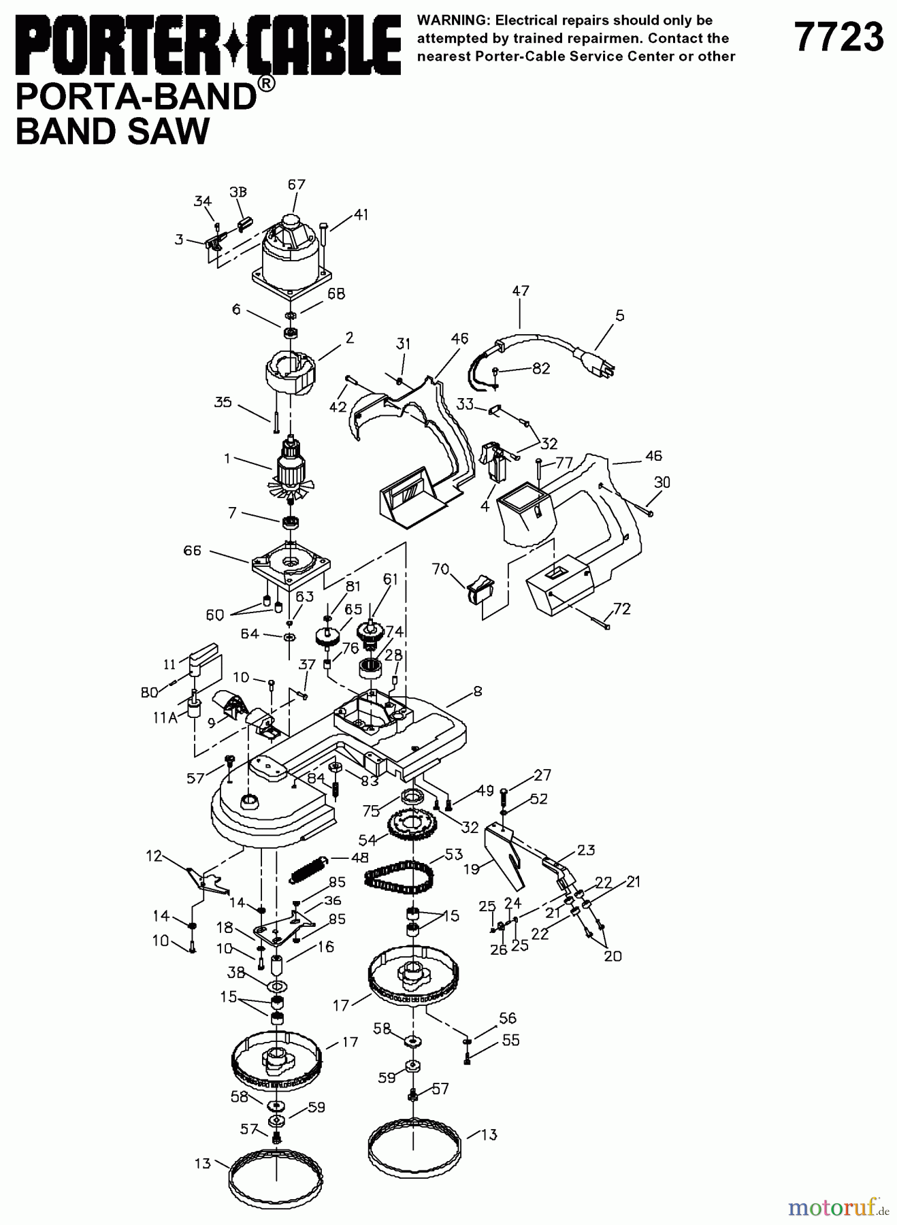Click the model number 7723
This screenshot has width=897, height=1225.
(839, 37)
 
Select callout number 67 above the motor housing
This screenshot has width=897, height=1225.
(296, 184)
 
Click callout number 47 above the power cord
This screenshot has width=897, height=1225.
(521, 291)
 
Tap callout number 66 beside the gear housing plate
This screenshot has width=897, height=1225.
(193, 550)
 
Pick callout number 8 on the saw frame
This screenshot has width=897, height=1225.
(478, 691)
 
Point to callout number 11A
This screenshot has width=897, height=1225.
(165, 717)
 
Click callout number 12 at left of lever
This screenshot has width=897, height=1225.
(154, 856)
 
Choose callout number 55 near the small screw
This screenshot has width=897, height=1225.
(510, 1041)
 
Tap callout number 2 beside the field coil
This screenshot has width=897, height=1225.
(349, 338)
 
